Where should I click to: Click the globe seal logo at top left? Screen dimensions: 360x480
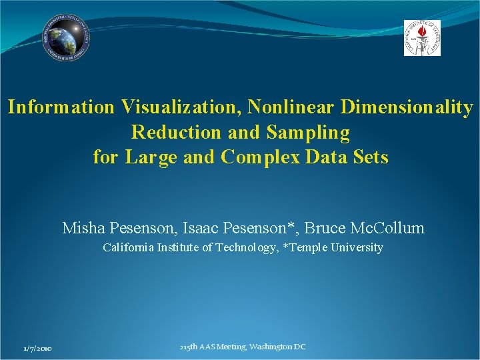tap(66, 38)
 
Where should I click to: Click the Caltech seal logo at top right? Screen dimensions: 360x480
tap(422, 38)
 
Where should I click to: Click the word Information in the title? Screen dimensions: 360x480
tap(61, 107)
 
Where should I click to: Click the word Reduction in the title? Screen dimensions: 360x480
tap(177, 132)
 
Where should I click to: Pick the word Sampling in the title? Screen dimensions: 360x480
tap(307, 132)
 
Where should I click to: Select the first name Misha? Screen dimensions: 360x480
tap(83, 228)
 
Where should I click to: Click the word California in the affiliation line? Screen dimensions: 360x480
tap(130, 248)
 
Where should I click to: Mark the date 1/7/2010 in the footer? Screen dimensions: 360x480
tap(38, 349)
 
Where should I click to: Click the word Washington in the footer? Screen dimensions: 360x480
tap(270, 347)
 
